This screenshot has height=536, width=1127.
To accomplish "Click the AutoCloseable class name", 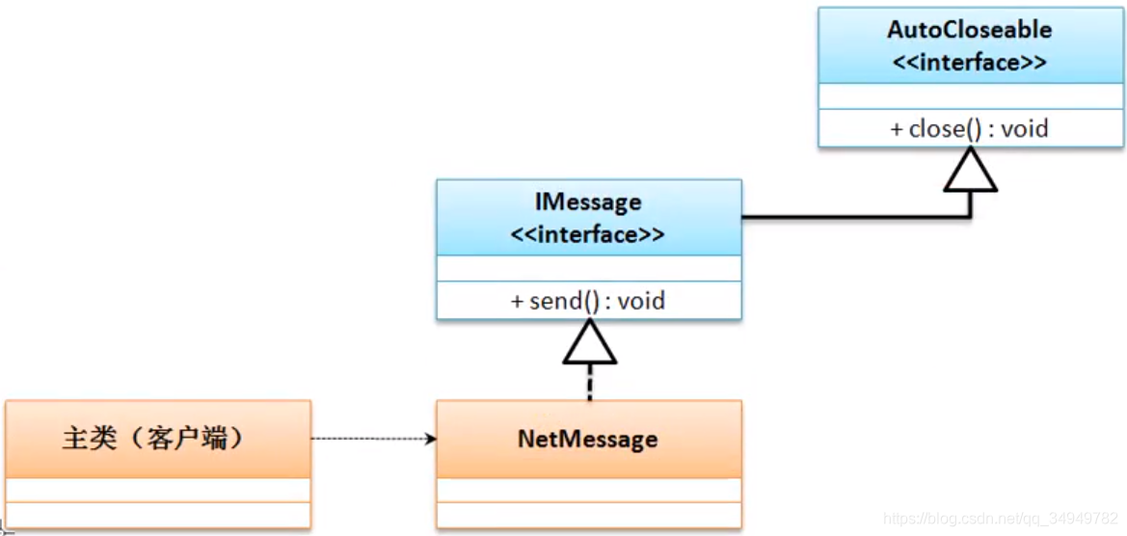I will coord(970,29).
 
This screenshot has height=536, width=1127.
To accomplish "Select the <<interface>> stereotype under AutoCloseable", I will coord(970,63).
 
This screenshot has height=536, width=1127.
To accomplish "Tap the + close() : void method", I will coord(970,129).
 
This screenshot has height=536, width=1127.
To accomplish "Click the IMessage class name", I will coord(588,201).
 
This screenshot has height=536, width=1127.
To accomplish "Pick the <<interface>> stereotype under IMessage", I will coord(588,234).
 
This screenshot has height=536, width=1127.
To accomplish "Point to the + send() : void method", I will coord(588,301).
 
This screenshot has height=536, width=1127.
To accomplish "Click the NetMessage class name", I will coord(588,440).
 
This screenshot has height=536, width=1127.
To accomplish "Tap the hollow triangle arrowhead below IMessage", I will coord(589,343).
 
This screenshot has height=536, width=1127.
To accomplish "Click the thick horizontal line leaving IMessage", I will coord(848,218).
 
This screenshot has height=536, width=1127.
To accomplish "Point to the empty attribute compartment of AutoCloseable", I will coord(970,96).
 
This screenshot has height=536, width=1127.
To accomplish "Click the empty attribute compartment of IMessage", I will coord(588,268).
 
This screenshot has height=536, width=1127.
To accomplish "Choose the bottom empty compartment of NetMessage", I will coord(588,515).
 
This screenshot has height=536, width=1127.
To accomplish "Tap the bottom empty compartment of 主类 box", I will coord(157,515).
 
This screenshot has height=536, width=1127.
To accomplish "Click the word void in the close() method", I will coord(1024,129).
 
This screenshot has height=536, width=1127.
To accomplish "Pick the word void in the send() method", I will coord(641,301).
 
